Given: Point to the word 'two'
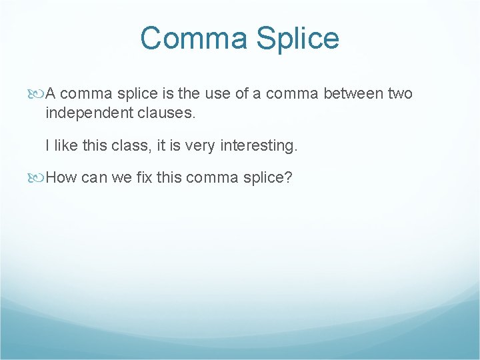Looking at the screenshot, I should click(400, 94).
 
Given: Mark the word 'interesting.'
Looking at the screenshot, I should click(259, 145).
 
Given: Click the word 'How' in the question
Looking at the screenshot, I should click(61, 177).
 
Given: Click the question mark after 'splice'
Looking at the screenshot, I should click(289, 177).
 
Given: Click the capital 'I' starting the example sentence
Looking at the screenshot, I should click(48, 145).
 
